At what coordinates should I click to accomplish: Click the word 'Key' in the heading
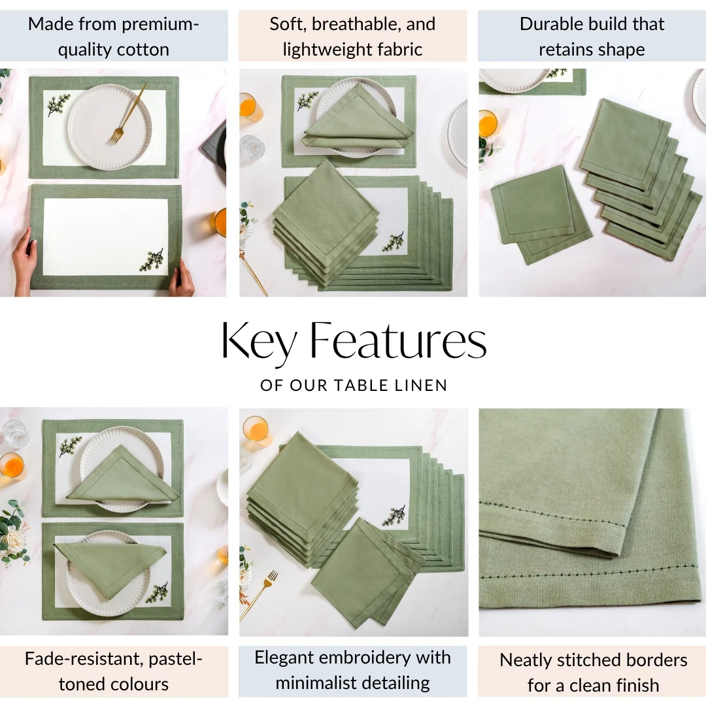click(x=259, y=341)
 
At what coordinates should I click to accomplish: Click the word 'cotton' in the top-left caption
click(x=143, y=50)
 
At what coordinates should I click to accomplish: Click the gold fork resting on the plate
click(x=127, y=114)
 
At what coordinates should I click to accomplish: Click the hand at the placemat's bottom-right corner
click(x=182, y=278)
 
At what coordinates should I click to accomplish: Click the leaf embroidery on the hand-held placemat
click(x=152, y=260)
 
